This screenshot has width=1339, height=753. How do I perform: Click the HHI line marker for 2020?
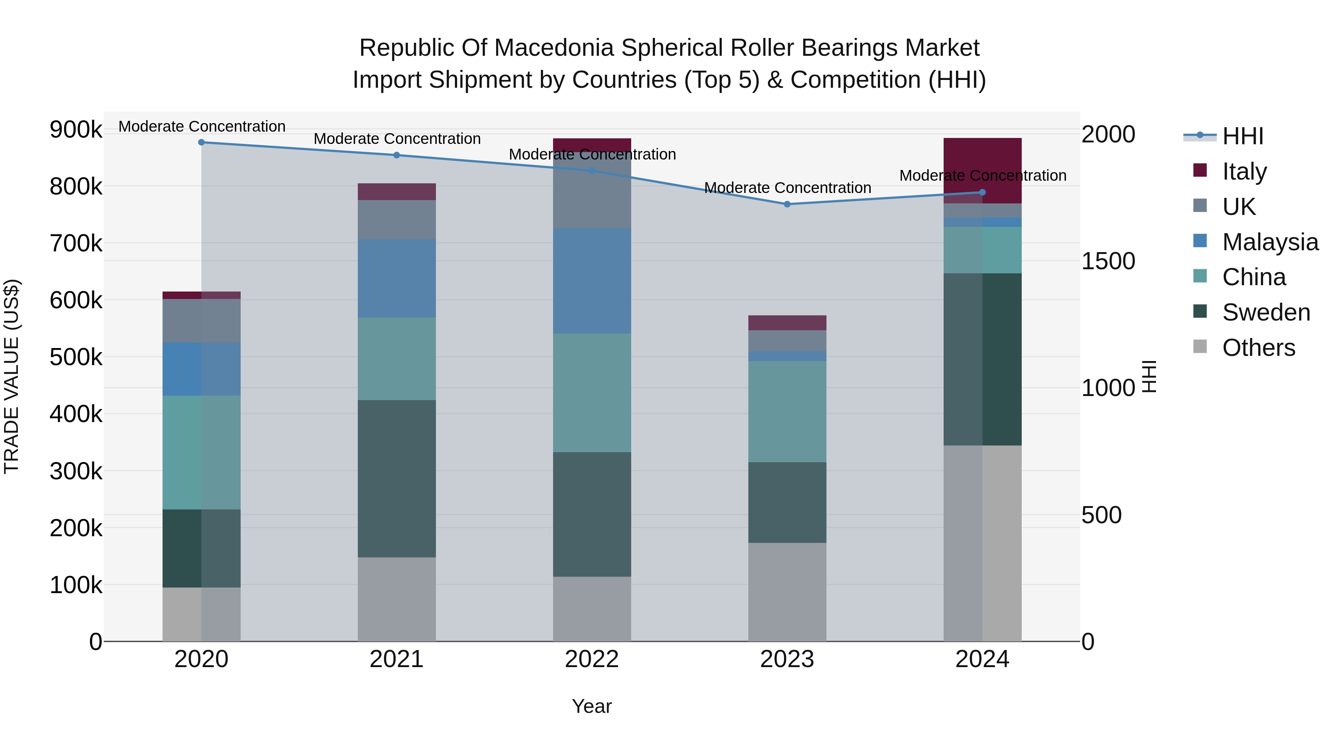click(202, 142)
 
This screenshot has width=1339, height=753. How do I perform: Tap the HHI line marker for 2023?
click(787, 204)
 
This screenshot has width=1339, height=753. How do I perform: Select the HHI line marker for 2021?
click(396, 155)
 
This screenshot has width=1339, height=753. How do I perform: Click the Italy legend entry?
click(1244, 171)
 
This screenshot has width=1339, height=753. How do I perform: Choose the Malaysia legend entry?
click(1269, 242)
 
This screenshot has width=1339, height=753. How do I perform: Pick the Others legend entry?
click(1258, 347)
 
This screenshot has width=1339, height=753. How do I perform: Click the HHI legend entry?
click(1242, 136)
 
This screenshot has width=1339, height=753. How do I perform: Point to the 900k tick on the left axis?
click(76, 129)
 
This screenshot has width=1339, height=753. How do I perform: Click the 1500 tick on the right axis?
click(1108, 261)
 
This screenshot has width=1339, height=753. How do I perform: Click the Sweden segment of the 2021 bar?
click(396, 478)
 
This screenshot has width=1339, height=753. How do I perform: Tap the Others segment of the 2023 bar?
click(787, 592)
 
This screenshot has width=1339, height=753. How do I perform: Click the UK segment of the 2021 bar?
click(396, 219)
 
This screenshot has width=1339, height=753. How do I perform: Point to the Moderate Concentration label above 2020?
click(202, 126)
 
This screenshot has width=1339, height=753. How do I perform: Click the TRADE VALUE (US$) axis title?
click(12, 376)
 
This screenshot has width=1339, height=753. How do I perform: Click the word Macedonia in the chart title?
click(553, 48)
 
